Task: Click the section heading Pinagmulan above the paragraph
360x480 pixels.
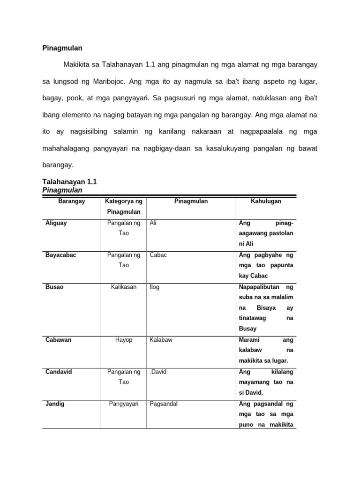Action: [62, 48]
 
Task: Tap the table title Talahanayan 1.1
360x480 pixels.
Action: [69, 182]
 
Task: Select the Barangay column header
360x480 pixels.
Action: [71, 201]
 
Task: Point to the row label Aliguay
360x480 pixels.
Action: [56, 223]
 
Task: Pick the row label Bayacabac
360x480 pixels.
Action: [60, 255]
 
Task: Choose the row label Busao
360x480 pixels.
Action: [54, 287]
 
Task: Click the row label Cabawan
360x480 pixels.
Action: [58, 340]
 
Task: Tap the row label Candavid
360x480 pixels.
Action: [59, 372]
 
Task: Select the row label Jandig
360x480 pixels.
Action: [55, 404]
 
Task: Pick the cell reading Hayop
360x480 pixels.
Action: [124, 340]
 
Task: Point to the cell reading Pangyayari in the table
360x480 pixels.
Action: [124, 404]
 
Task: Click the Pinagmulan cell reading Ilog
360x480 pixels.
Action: [154, 287]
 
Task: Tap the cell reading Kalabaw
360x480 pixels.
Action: [161, 340]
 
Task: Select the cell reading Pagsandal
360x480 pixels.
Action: [164, 404]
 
